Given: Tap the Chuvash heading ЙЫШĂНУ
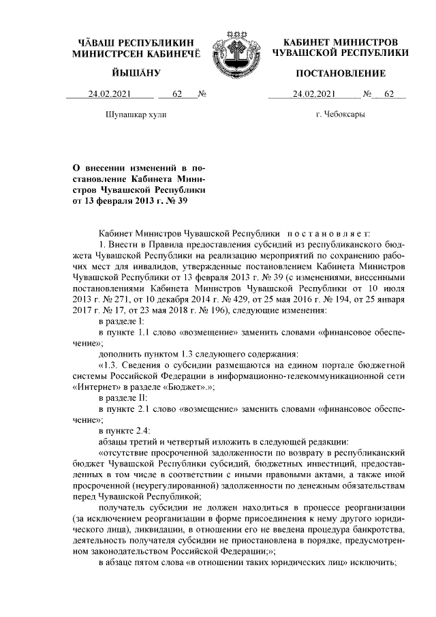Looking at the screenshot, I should click(136, 73).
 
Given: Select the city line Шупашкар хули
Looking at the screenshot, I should click(136, 114).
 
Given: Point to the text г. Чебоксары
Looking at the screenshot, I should click(340, 114).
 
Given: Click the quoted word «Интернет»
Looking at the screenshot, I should click(97, 386).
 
